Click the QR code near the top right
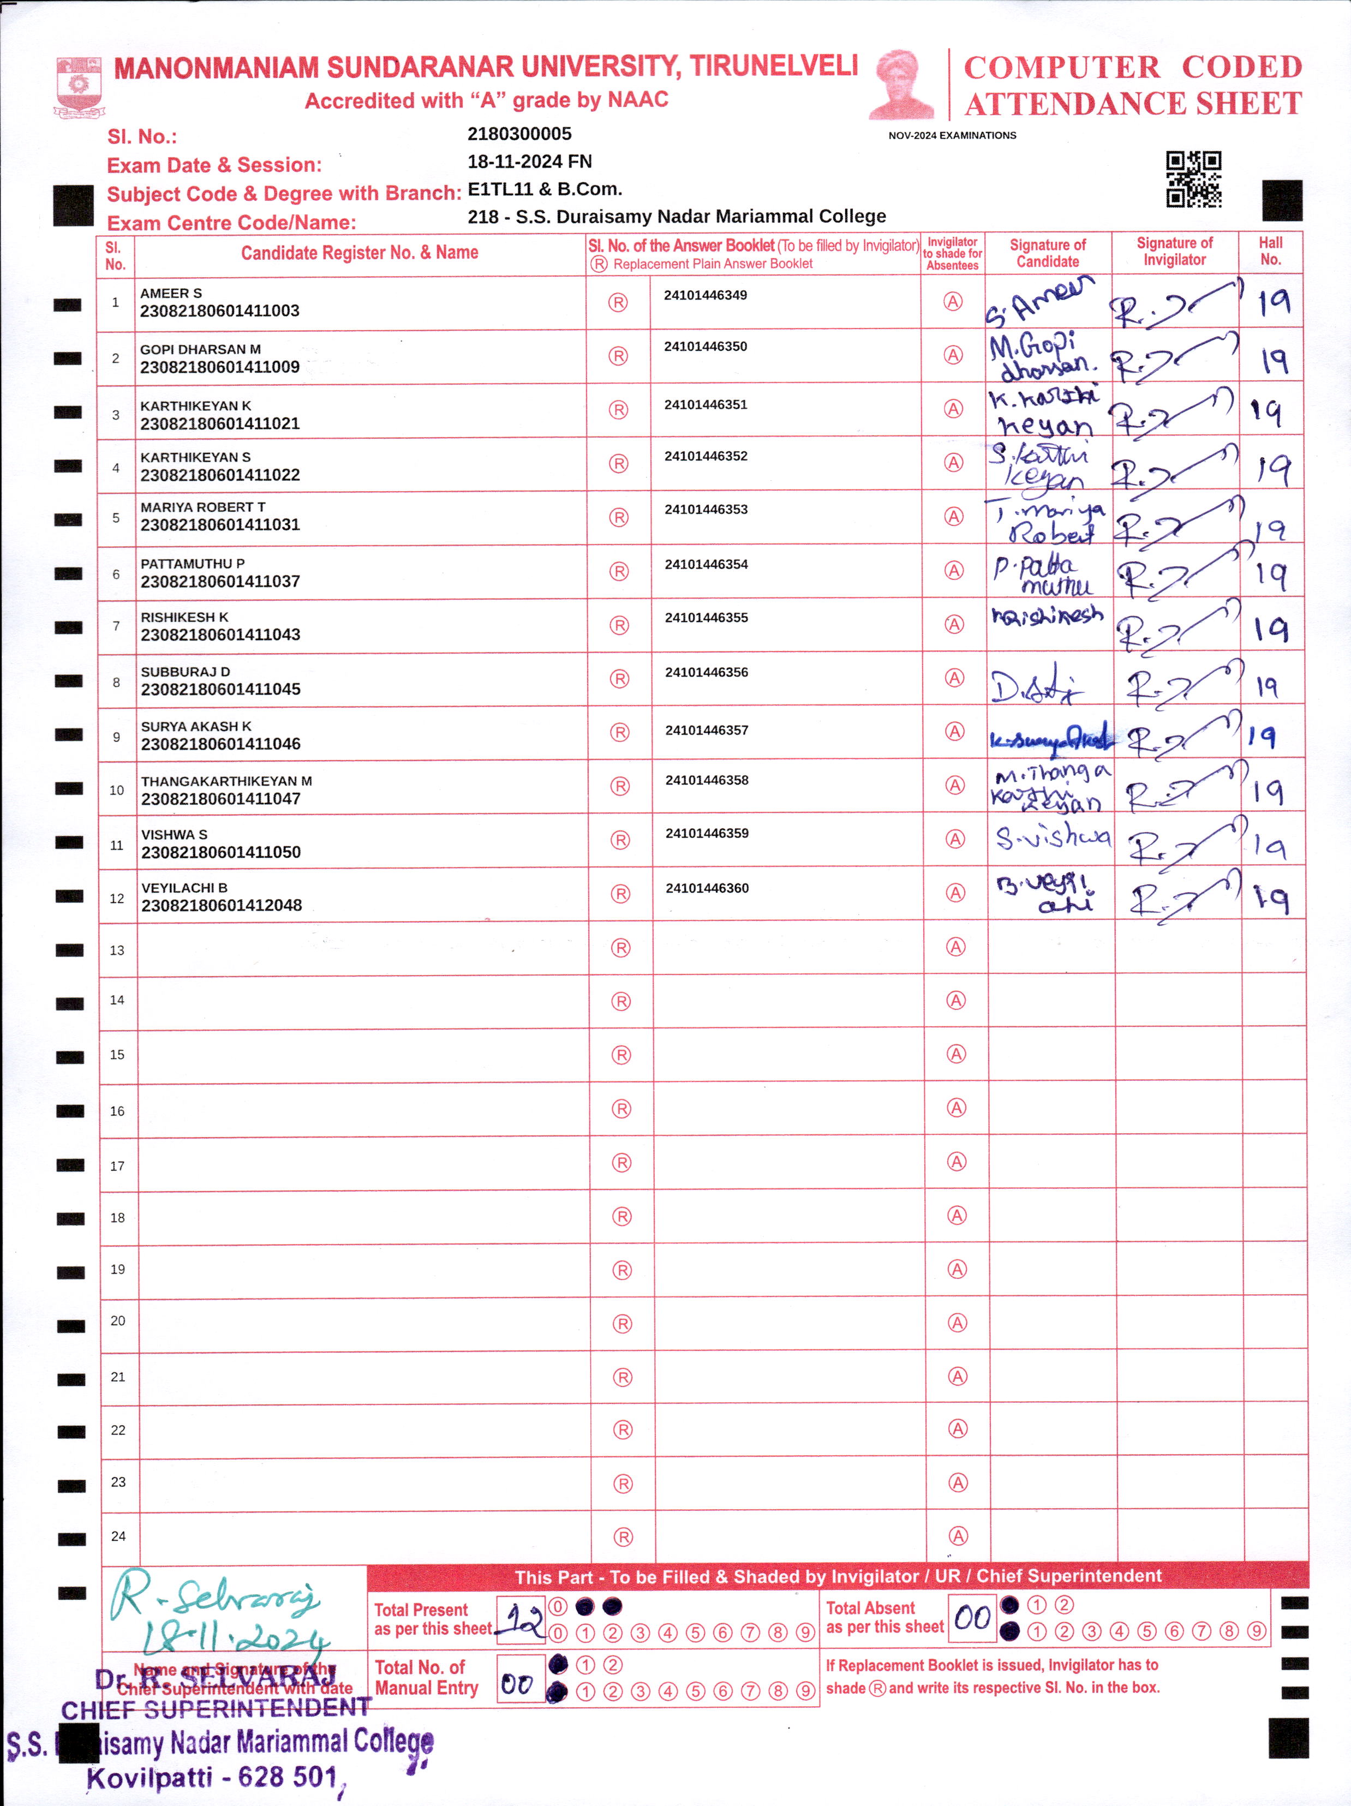(x=1193, y=179)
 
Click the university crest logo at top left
(x=79, y=85)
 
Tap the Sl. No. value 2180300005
(x=519, y=134)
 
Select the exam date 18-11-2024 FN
(x=529, y=162)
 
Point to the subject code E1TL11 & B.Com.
(x=545, y=189)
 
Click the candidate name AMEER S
(x=171, y=293)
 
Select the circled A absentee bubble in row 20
(x=957, y=1323)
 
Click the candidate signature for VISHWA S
(x=1051, y=837)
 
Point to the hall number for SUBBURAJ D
(x=1267, y=686)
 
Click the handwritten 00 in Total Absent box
(x=972, y=1617)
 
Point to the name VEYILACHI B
(x=184, y=888)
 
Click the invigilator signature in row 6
(x=1175, y=571)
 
